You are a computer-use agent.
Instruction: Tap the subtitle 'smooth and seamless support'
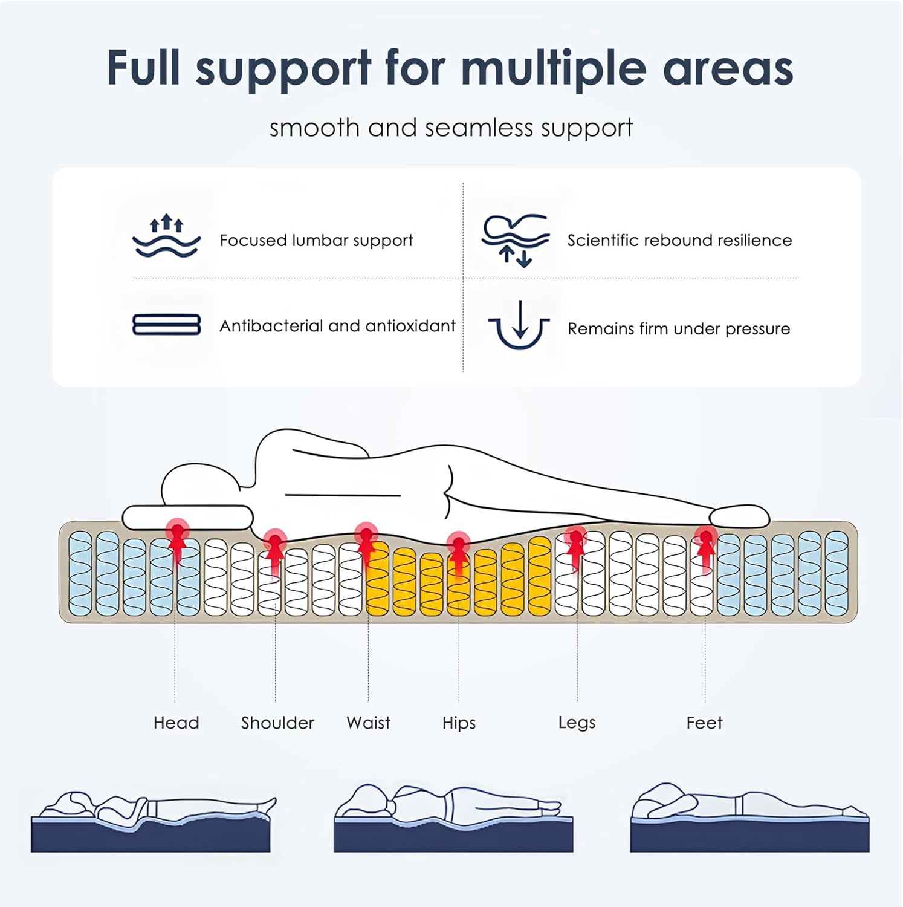click(451, 128)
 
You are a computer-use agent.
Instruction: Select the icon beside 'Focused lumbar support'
click(166, 236)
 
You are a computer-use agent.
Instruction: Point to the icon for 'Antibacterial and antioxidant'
click(166, 325)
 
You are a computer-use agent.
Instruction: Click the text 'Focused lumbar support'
click(316, 241)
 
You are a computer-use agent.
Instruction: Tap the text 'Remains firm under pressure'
click(679, 329)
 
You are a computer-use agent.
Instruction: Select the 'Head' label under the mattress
click(176, 723)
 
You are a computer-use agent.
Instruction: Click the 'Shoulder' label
click(277, 723)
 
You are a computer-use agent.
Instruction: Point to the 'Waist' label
click(368, 723)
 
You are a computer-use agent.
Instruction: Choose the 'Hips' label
click(459, 723)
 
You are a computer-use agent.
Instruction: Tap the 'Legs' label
click(577, 723)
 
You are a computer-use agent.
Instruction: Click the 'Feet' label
click(704, 723)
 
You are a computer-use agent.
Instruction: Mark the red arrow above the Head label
click(177, 542)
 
